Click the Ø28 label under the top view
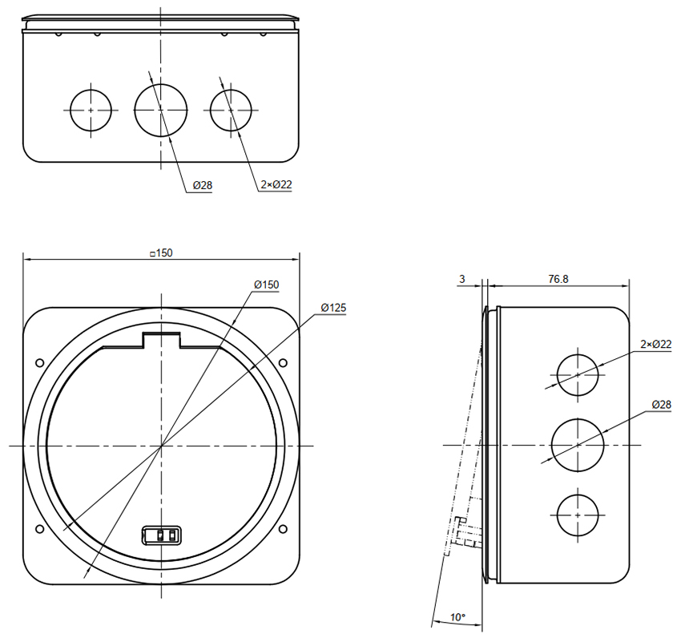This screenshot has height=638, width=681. tap(203, 185)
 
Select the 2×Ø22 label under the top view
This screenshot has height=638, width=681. tap(276, 184)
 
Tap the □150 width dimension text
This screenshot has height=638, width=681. tap(161, 252)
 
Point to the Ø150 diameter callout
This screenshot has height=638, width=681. tap(267, 285)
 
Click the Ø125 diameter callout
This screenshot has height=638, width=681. tap(333, 308)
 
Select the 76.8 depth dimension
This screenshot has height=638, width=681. tap(558, 279)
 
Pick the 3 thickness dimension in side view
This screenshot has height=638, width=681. tap(462, 279)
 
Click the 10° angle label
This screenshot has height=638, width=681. tap(457, 617)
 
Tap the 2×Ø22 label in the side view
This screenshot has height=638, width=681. tap(656, 344)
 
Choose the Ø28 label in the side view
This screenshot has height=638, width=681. tap(662, 405)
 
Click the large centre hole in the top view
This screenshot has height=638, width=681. tap(161, 111)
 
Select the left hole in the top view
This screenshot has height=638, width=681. tap(91, 111)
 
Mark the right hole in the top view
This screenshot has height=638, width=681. tap(231, 111)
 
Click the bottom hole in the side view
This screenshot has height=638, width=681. tap(578, 515)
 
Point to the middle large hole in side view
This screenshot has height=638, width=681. tap(578, 445)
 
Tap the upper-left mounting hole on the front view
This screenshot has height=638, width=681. tap(39, 363)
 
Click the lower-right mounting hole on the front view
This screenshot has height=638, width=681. tap(283, 528)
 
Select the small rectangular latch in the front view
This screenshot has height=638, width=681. tap(162, 535)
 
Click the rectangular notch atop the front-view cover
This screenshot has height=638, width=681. tap(162, 340)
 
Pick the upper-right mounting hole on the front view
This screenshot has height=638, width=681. tap(283, 363)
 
